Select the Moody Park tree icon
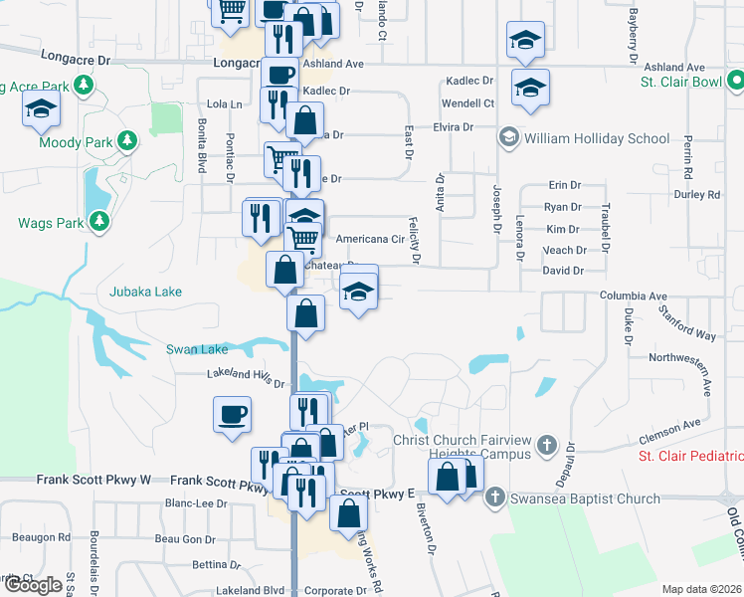click(126, 141)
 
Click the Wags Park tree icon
click(98, 222)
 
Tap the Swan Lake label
click(197, 349)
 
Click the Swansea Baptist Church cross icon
click(496, 498)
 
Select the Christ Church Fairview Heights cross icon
click(545, 444)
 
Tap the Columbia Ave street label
click(633, 297)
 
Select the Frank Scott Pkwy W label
click(93, 480)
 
